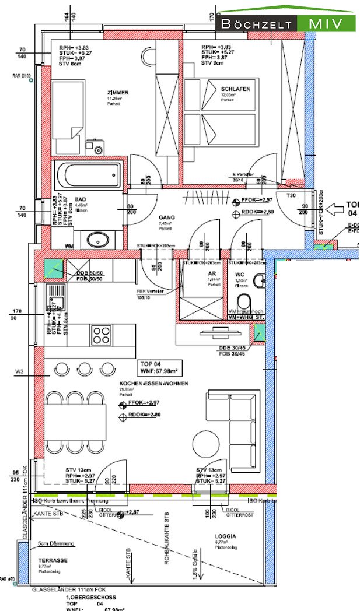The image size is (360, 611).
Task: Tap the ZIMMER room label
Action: coord(118,93)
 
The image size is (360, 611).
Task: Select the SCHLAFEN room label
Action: coord(235,89)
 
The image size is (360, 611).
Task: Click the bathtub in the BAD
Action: coord(88,174)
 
